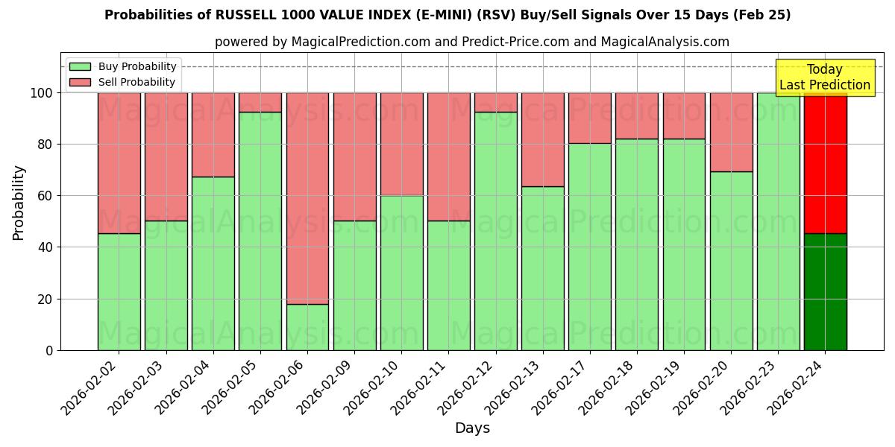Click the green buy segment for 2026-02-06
point(307,327)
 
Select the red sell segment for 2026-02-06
point(307,198)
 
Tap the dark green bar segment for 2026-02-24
point(825,292)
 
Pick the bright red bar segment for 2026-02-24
point(825,163)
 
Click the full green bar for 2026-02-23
point(778,221)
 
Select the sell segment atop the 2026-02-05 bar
point(260,102)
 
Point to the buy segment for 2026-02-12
point(495,231)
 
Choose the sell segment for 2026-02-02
point(119,163)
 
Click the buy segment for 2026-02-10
point(401,273)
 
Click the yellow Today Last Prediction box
point(825,77)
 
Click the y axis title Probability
point(19,203)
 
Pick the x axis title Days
point(472,428)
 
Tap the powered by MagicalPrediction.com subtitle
point(472,42)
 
